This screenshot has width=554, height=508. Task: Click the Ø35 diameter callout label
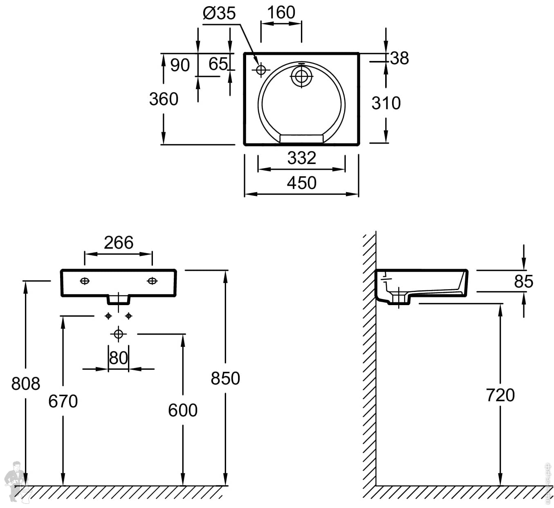click(220, 13)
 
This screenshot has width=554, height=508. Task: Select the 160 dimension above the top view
click(281, 13)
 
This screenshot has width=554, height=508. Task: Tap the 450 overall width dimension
click(301, 183)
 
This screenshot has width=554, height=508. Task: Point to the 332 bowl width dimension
click(302, 158)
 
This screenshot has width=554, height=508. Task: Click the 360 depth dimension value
click(164, 99)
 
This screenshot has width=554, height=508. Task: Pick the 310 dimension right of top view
click(386, 103)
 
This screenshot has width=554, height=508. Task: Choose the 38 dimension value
click(399, 58)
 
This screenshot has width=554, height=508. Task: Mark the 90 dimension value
click(180, 65)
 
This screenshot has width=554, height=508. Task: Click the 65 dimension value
click(218, 64)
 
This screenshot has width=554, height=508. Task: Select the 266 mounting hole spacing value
click(119, 243)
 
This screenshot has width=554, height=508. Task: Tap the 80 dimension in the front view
click(119, 358)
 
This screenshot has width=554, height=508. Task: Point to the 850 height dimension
click(225, 378)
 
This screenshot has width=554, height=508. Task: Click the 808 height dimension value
click(26, 384)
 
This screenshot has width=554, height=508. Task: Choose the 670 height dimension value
click(63, 401)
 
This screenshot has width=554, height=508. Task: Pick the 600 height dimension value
click(183, 410)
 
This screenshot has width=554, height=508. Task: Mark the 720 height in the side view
click(500, 395)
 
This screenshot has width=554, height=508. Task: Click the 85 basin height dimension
click(524, 281)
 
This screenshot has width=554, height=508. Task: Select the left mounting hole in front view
click(85, 281)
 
